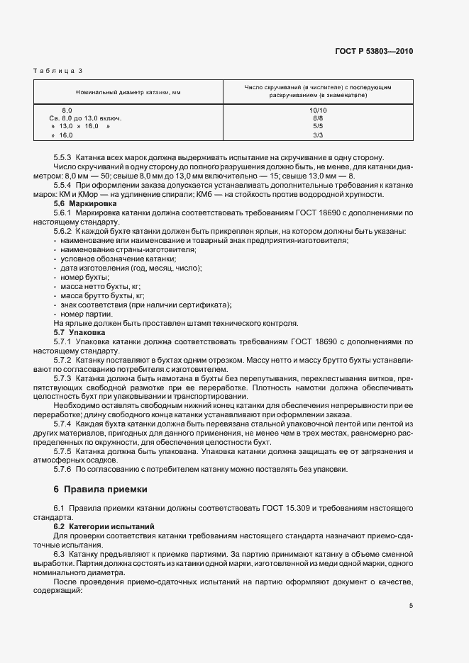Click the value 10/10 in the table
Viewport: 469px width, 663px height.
click(x=318, y=110)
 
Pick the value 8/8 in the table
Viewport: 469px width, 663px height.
click(x=318, y=118)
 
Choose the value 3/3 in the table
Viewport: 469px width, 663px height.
click(x=318, y=135)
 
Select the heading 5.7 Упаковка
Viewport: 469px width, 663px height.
click(x=79, y=331)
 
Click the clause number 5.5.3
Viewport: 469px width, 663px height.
click(x=63, y=157)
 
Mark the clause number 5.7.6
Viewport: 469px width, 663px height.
click(x=63, y=469)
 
